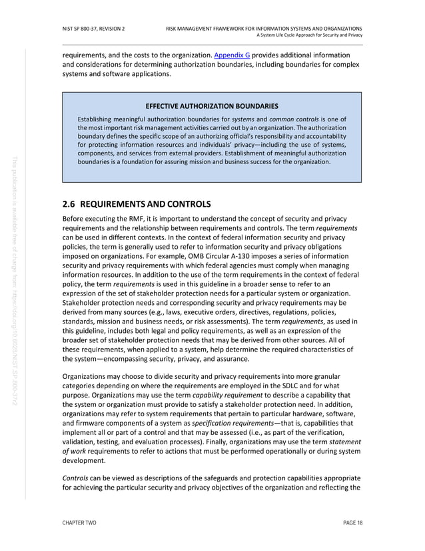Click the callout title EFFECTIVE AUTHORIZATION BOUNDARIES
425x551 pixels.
pyautogui.click(x=212, y=106)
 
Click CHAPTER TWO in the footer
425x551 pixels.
pyautogui.click(x=79, y=522)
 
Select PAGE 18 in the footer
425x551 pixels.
pyautogui.click(x=352, y=522)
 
